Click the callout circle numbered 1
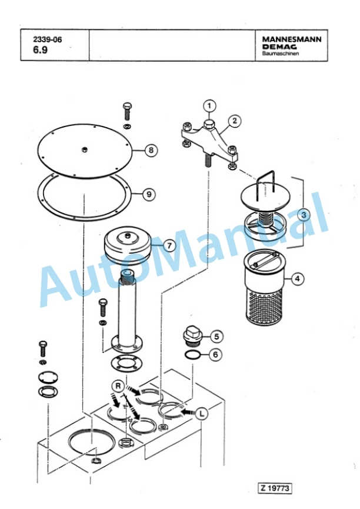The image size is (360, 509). coord(209,105)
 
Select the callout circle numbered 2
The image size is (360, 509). coord(235,121)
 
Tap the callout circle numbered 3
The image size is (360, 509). coord(304,215)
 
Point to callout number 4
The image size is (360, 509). coord(298,278)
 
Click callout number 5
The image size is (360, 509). coord(216,337)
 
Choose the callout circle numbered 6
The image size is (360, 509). coord(215,354)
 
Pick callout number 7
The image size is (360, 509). coord(169,245)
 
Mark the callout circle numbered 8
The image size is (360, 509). coord(151,150)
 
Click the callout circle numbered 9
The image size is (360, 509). coord(149,194)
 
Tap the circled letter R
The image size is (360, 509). coord(118,386)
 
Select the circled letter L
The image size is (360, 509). coord(202,414)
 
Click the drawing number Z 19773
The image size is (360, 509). coord(275,488)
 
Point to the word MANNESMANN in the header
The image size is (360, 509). coord(292,39)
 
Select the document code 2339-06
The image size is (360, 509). coord(48,39)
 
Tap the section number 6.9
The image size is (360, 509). coord(40,50)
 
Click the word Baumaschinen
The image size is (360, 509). coord(281,54)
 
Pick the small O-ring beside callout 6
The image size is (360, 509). coord(192,354)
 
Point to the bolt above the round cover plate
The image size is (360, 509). coord(127,112)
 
